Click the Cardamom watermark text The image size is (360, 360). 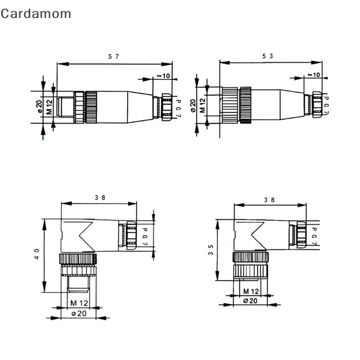tap(36, 13)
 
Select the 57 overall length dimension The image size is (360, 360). tap(113, 56)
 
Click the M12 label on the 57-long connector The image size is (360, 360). tap(49, 108)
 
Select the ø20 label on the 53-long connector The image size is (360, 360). tap(193, 106)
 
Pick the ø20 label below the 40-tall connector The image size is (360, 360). tap(78, 314)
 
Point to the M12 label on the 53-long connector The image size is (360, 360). tap(202, 107)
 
